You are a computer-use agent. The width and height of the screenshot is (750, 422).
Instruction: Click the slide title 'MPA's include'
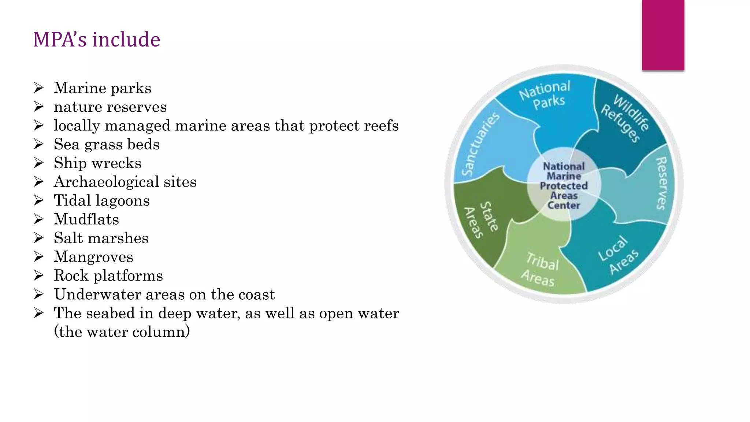tap(97, 40)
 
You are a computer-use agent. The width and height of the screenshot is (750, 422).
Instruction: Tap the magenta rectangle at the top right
tap(663, 35)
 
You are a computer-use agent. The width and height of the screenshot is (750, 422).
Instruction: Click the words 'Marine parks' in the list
tap(103, 88)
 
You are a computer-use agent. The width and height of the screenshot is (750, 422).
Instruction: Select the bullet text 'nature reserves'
tap(110, 107)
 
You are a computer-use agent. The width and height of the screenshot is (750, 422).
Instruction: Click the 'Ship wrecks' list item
tap(97, 163)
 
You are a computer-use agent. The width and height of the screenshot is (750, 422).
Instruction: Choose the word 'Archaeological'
tap(106, 182)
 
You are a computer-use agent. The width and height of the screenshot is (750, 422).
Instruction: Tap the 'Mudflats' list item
tap(86, 219)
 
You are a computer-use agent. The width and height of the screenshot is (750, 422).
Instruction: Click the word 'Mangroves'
tap(93, 257)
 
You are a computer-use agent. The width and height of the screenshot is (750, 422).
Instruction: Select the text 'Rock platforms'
tap(108, 275)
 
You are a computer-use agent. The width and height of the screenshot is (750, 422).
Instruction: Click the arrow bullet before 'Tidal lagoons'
tap(38, 200)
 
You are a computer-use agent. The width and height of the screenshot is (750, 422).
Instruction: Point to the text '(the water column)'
tap(122, 332)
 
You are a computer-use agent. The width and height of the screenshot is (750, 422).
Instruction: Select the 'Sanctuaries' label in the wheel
tap(479, 144)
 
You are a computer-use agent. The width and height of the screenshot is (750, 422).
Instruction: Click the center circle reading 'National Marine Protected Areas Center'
tap(564, 186)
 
